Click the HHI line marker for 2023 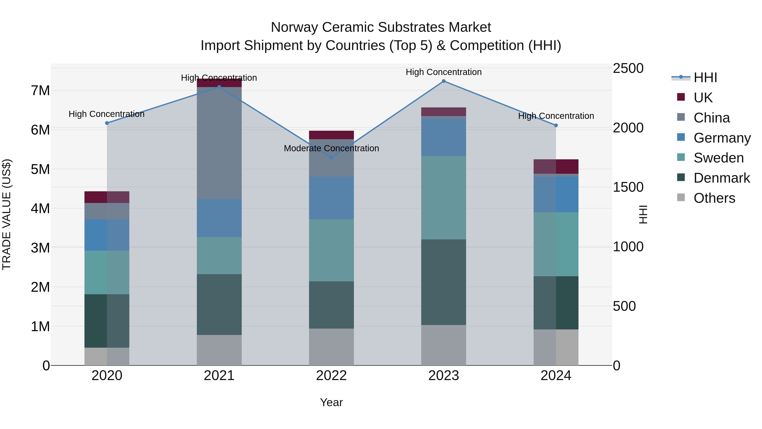pos(443,81)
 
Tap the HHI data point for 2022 pos(331,158)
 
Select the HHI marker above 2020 pos(107,123)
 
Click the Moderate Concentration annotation pos(331,148)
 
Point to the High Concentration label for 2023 pos(443,72)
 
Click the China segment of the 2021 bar pos(219,143)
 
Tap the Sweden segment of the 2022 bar pos(331,250)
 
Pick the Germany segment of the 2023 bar pos(443,137)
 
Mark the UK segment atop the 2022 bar pos(331,135)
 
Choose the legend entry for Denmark pos(722,178)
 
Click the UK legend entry pos(703,98)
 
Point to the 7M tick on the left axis pos(40,91)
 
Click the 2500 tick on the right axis pos(628,68)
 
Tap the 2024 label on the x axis pos(556,376)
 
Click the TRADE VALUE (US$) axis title pos(7,214)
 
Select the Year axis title pos(331,402)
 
